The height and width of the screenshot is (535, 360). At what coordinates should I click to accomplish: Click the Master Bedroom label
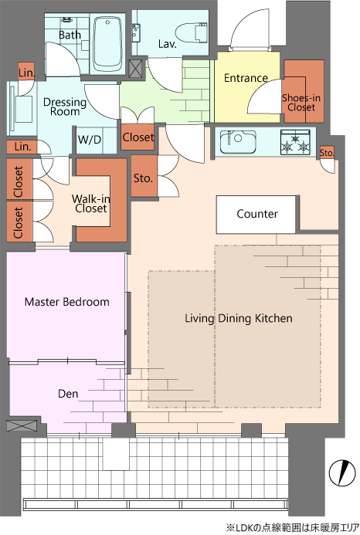coord(67,302)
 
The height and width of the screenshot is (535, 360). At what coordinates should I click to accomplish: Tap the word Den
coord(68,394)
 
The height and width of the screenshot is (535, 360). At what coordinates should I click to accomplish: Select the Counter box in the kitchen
coord(256,215)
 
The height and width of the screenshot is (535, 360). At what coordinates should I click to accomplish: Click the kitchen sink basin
coord(238,141)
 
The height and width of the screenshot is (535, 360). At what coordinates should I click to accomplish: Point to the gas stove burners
coord(295,142)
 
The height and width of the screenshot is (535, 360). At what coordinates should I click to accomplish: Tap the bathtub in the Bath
coord(107,44)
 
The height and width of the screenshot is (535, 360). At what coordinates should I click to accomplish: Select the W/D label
coord(90,140)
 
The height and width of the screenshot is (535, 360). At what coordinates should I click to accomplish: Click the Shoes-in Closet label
coord(301,103)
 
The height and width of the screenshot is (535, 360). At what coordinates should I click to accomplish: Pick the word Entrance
coord(246,78)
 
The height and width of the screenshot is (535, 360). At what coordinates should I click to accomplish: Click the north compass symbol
coord(342,473)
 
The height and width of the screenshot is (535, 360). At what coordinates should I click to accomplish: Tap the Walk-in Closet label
coord(91,204)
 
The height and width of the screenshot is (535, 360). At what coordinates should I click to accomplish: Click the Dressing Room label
coord(65,107)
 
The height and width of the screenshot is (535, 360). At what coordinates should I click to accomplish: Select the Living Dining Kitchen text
coord(239,318)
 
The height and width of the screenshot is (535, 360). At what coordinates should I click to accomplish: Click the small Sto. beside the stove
coord(327,153)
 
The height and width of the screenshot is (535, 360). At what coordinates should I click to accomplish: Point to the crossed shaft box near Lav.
coord(136,68)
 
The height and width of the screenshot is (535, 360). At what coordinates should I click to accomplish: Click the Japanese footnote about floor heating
coord(292,528)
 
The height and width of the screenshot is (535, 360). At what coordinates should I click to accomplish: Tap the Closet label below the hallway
coord(138,137)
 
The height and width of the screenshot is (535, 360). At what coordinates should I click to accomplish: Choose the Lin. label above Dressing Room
coord(26,73)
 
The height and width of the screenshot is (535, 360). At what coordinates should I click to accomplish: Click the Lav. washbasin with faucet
coord(136,32)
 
